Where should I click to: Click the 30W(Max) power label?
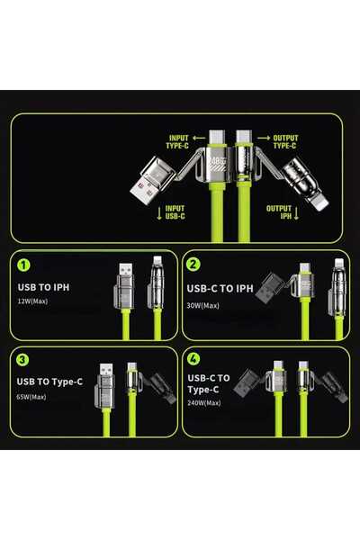coord(203,306)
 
